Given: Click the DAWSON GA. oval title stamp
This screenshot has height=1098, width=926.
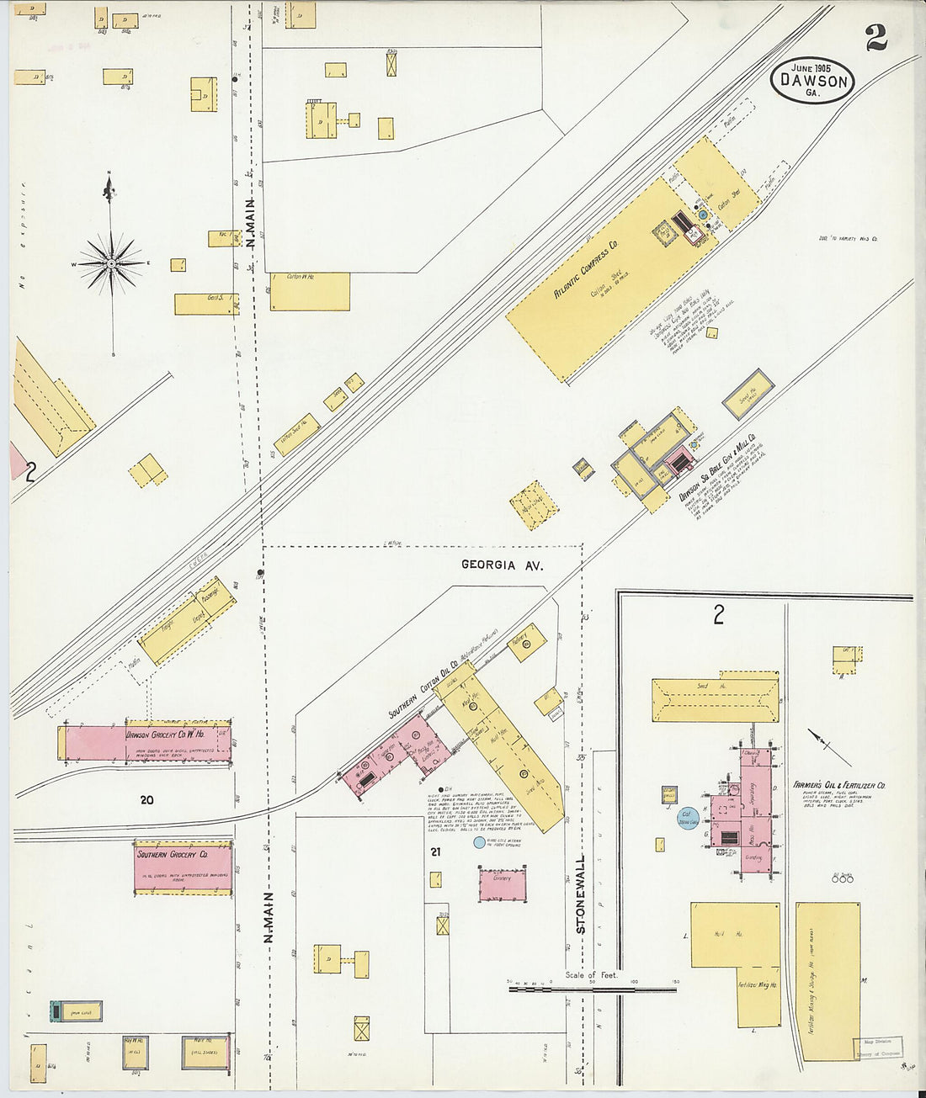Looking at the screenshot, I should point(812,82).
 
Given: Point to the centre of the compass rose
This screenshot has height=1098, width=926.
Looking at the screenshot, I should point(111,263).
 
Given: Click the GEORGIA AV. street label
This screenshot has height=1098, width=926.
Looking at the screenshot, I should point(502,565).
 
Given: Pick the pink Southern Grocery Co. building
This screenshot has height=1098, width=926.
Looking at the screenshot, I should point(183,867).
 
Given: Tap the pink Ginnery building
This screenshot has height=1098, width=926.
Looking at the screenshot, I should point(503,885).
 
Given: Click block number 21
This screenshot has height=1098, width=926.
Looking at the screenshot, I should point(435,852).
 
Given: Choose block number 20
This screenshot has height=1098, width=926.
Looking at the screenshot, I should point(147,800).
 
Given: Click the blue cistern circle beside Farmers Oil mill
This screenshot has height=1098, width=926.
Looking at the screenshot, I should point(689,817).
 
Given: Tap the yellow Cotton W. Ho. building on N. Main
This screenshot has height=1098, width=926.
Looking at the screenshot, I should point(309,290).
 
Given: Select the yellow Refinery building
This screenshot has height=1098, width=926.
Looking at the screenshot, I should point(523,643).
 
